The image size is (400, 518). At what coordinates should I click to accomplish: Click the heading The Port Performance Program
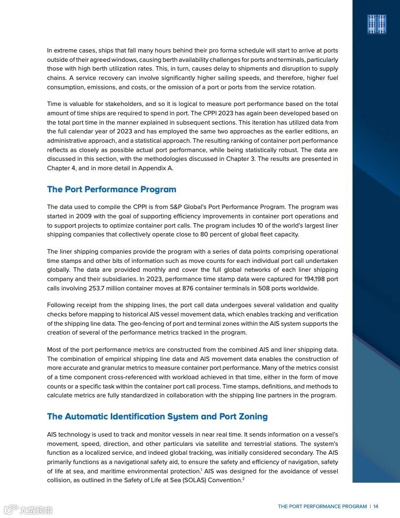point(111,189)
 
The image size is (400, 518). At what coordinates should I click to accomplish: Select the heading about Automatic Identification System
point(157,416)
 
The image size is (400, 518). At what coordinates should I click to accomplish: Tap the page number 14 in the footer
point(376,507)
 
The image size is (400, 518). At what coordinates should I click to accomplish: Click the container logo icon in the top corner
point(377,24)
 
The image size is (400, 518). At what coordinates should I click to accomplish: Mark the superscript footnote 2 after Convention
point(243,479)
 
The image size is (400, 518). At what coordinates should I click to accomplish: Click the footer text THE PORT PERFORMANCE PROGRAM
point(322,507)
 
